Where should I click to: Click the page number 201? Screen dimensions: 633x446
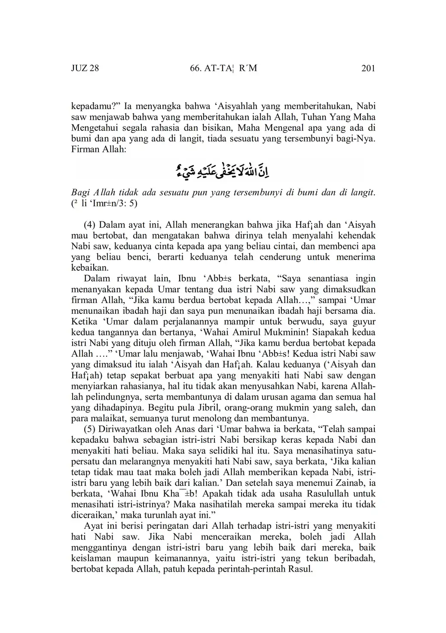tap(368, 68)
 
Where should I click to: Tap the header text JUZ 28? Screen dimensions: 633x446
tap(85, 68)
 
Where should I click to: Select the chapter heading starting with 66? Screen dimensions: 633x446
tap(223, 68)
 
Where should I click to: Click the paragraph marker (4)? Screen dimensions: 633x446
tap(91, 224)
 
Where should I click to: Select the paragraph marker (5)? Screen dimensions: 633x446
tap(91, 429)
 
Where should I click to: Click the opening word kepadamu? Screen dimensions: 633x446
tap(95, 106)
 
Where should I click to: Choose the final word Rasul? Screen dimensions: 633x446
tap(302, 569)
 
